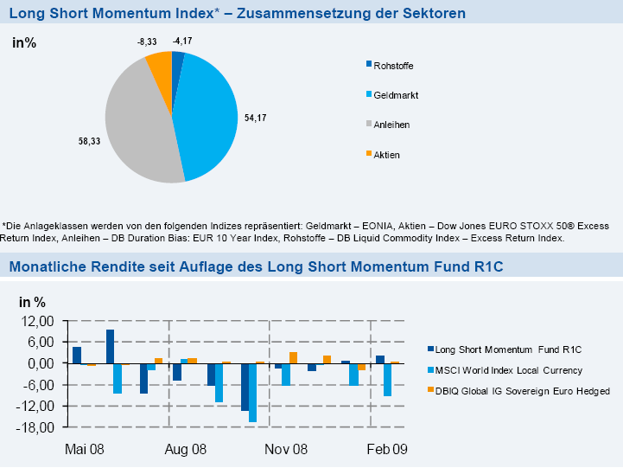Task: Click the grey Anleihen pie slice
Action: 138,121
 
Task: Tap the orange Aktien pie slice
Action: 160,66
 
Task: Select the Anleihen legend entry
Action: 391,125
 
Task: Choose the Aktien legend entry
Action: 386,155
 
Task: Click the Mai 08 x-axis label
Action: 85,450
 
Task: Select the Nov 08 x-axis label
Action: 286,450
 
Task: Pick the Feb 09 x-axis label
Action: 386,450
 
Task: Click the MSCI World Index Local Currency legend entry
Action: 507,370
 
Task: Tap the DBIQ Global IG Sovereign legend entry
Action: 521,391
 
